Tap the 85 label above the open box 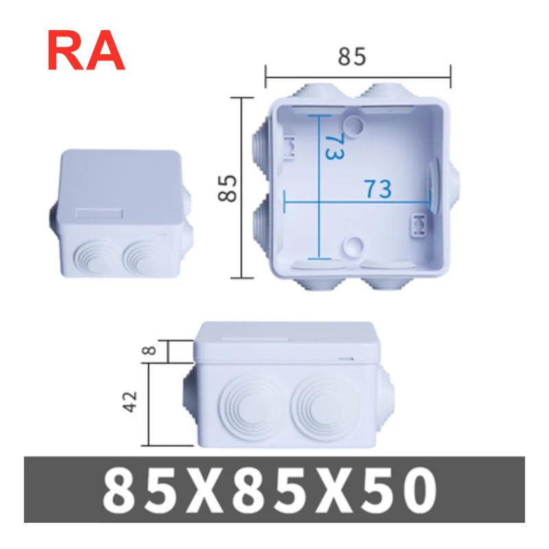point(351,57)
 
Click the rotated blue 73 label point(334,145)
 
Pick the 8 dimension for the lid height point(152,350)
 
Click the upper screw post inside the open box point(354,124)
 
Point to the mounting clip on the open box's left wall point(289,147)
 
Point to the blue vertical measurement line point(320,187)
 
